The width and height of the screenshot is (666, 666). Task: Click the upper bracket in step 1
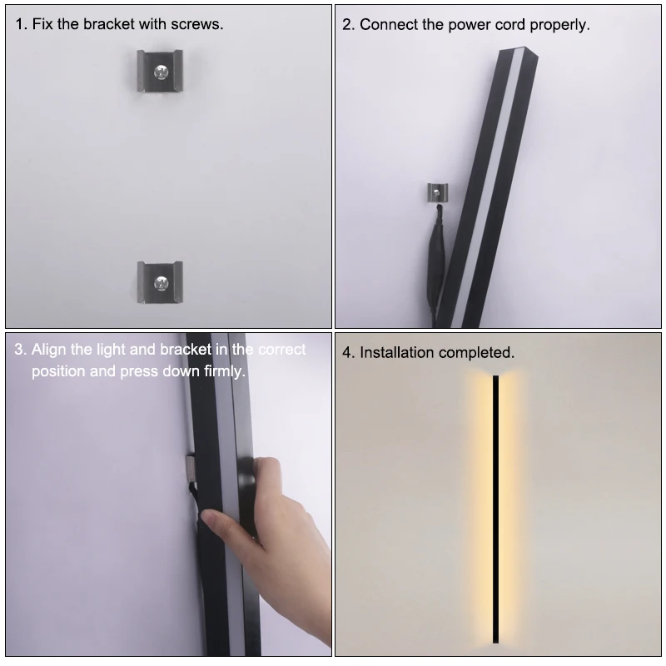(x=158, y=72)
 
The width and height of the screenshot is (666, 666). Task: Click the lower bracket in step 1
(x=158, y=281)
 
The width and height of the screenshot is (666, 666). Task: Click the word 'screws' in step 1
(x=196, y=24)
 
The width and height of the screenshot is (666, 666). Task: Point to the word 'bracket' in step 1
(x=107, y=24)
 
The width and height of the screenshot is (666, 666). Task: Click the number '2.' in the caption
(x=349, y=24)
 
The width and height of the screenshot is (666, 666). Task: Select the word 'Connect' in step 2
(x=388, y=24)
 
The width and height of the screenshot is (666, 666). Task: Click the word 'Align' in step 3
(x=49, y=350)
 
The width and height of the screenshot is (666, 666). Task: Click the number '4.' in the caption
(x=349, y=352)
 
